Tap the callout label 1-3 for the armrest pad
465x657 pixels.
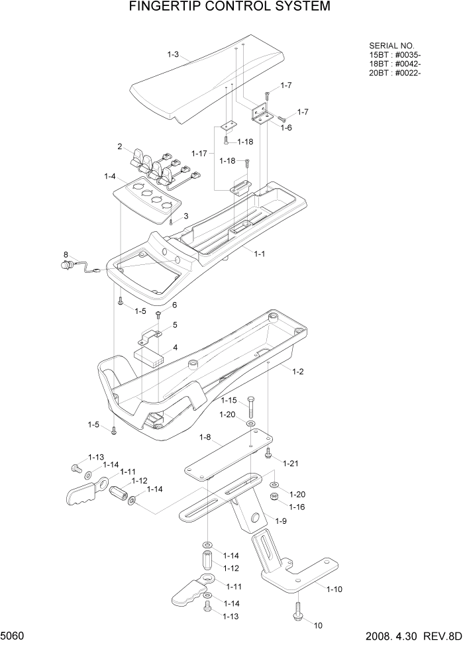pos(173,54)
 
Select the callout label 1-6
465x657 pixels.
pos(286,127)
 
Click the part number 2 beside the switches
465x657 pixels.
pos(120,146)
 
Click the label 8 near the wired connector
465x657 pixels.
pos(66,254)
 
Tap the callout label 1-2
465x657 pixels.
pos(297,372)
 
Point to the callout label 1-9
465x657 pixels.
pos(280,521)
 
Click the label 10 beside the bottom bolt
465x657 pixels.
pos(318,625)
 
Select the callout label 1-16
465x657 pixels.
pos(297,507)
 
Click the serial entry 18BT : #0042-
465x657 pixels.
pos(394,64)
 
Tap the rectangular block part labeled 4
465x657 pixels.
pos(148,356)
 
